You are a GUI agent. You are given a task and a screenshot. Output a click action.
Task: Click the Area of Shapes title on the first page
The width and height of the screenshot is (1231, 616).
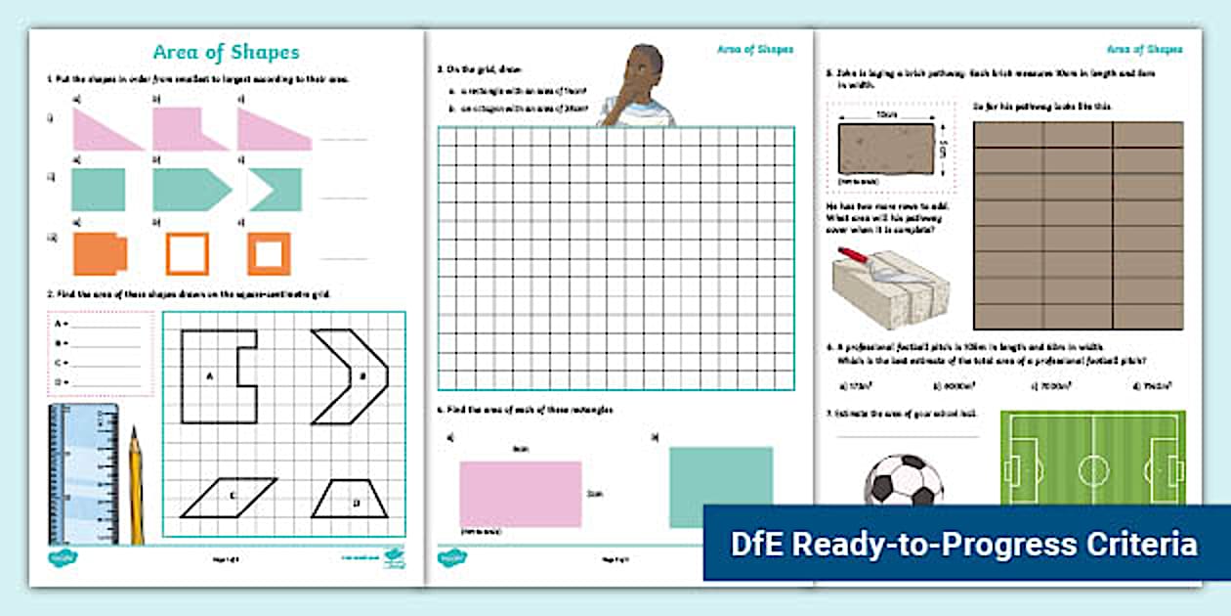click(226, 53)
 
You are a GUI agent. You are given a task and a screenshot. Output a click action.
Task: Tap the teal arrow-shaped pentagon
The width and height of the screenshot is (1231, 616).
click(190, 190)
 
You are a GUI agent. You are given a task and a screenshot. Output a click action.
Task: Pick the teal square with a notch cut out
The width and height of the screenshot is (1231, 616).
click(276, 190)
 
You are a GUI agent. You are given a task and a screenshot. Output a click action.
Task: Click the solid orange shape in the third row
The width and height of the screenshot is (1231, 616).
click(99, 254)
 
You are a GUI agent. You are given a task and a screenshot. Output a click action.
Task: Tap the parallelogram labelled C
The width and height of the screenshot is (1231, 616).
click(231, 497)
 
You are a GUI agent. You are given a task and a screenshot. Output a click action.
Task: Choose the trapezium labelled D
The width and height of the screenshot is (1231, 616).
click(350, 499)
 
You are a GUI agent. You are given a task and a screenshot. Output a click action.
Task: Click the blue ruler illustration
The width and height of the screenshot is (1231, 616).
click(83, 473)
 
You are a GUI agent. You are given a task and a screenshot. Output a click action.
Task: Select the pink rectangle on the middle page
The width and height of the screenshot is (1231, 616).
click(520, 494)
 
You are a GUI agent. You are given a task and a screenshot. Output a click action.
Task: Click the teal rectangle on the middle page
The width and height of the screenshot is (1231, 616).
click(720, 479)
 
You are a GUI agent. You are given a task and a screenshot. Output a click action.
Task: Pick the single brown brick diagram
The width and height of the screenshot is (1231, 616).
click(886, 147)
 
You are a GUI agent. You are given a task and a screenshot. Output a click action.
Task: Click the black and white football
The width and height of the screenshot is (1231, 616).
click(904, 480)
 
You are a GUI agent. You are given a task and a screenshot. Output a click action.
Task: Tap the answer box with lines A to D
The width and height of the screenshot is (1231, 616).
click(101, 353)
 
